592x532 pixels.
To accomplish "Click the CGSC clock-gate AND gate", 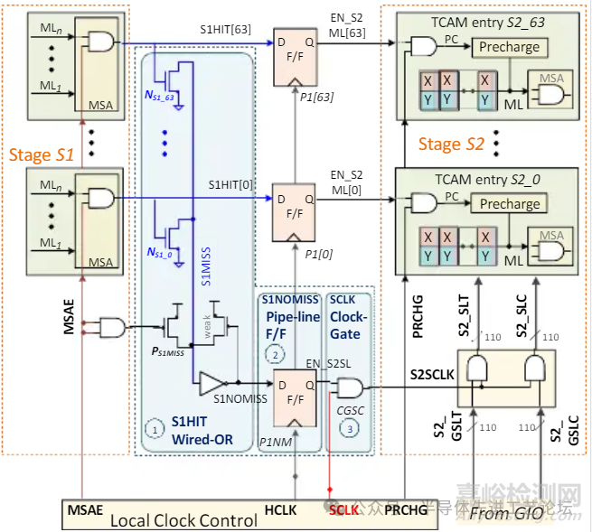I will pyautogui.click(x=348, y=388).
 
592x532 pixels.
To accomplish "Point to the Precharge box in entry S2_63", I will pyautogui.click(x=509, y=47).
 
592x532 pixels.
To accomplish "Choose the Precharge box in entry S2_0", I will pyautogui.click(x=509, y=204).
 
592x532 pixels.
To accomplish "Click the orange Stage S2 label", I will pyautogui.click(x=451, y=145).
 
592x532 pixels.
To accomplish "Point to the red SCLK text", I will pyautogui.click(x=343, y=510).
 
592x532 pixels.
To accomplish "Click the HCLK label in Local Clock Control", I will pyautogui.click(x=281, y=510).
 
